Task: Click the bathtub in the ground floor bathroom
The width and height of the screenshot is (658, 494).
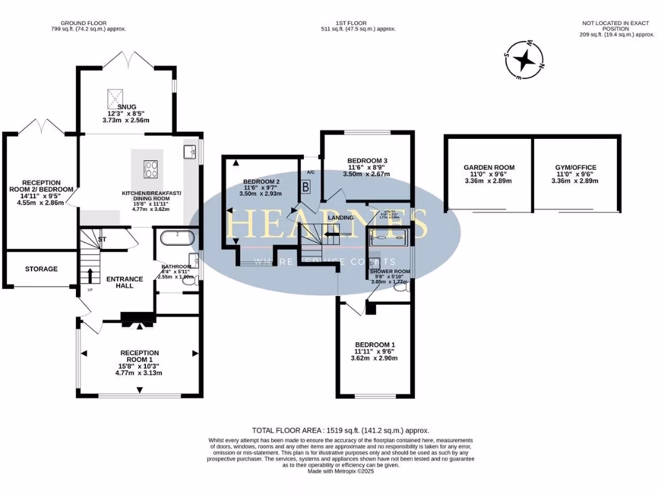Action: tap(175, 239)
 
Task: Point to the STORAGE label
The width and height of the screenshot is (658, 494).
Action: tap(41, 269)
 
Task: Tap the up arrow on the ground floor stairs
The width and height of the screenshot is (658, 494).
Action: tap(89, 275)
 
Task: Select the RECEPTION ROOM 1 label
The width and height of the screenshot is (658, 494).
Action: tap(139, 357)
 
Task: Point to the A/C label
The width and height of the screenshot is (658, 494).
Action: tap(311, 172)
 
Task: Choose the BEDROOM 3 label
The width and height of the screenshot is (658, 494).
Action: tap(367, 160)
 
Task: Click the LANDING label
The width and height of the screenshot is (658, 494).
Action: tap(340, 218)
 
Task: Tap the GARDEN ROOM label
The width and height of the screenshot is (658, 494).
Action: tap(489, 167)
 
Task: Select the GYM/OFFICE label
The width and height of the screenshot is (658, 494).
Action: tap(576, 167)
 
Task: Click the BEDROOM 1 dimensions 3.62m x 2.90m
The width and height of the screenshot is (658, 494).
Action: tap(375, 358)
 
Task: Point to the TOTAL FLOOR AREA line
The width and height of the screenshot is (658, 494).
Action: tap(340, 430)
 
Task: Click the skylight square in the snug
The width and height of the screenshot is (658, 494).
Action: tap(116, 98)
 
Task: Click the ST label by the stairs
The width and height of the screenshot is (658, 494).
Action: tap(102, 240)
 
